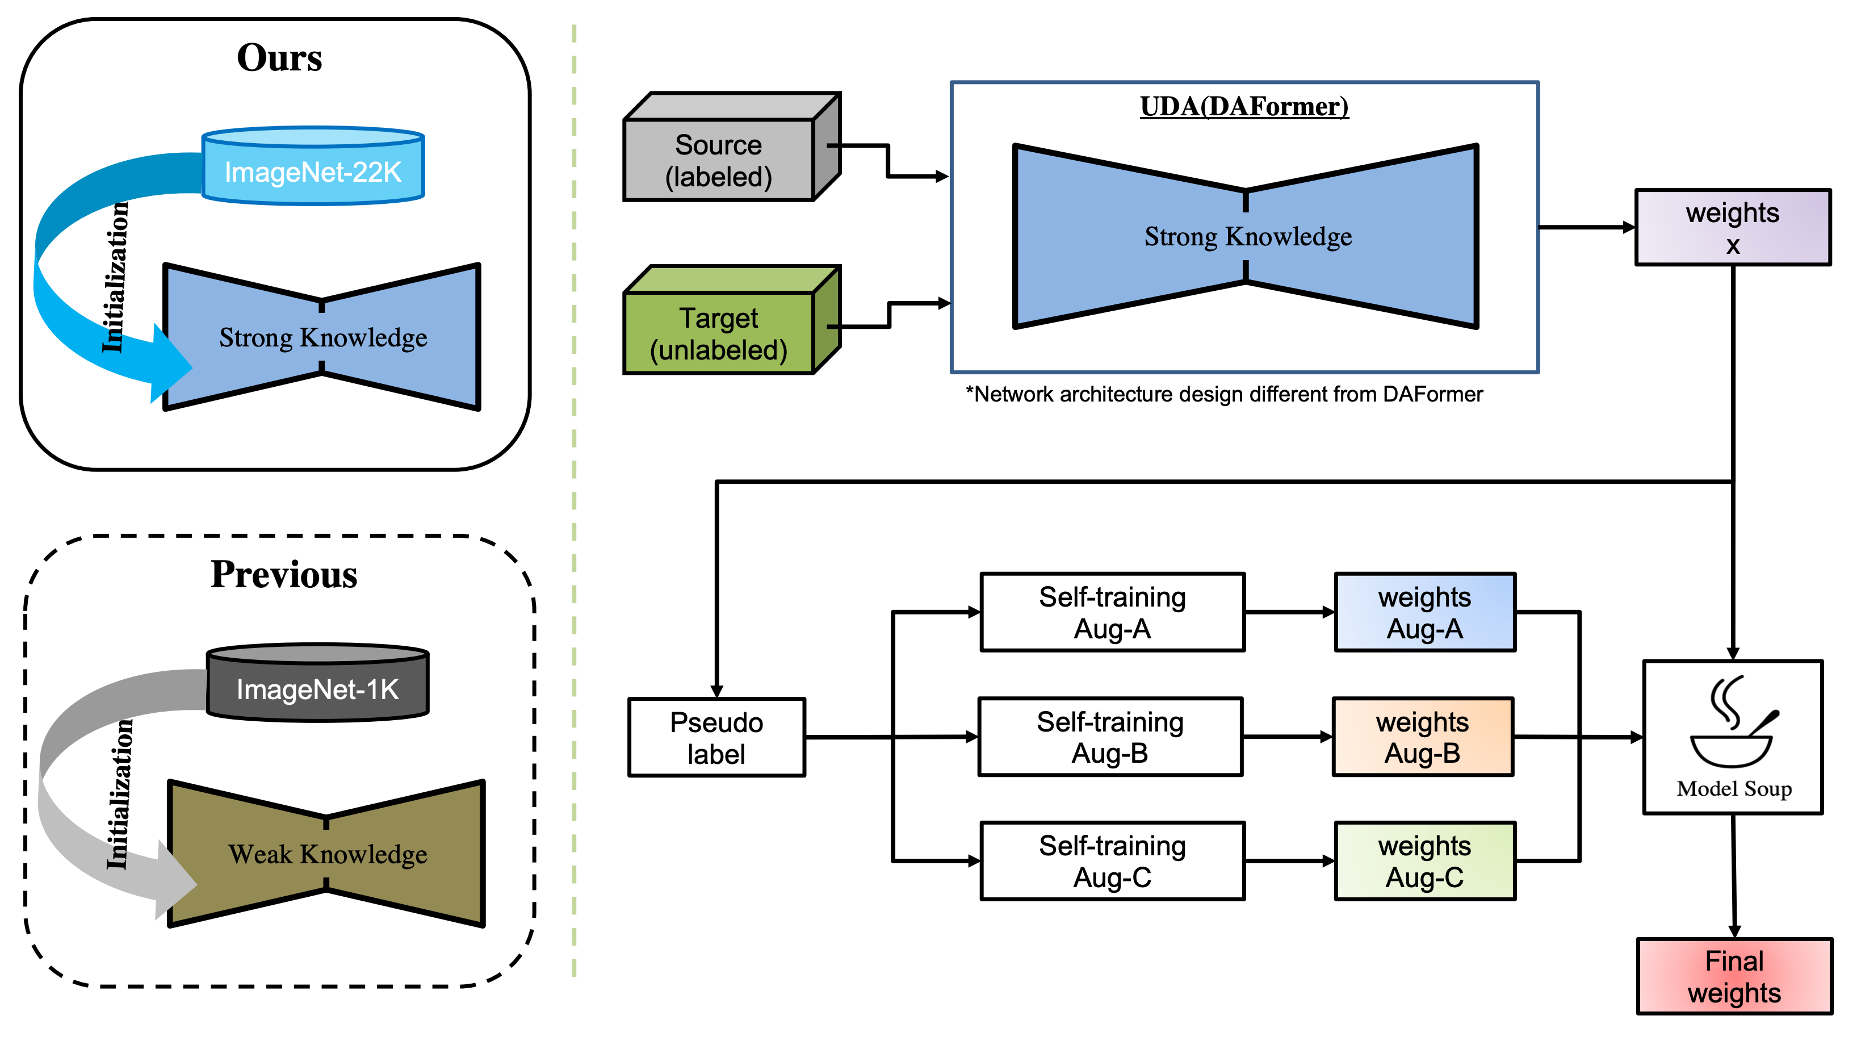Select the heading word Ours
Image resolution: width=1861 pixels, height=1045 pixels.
pos(279,58)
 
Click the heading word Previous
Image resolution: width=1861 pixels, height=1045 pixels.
pos(284,575)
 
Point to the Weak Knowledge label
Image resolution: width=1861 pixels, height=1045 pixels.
pos(328,854)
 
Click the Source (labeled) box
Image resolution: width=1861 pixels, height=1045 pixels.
pos(719,160)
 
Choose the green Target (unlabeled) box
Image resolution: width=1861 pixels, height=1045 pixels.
pos(719,334)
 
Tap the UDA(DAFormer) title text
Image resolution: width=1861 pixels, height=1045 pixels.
pos(1244,106)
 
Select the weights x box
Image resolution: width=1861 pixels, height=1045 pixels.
pos(1732,228)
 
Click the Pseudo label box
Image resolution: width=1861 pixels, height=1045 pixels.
pos(716,738)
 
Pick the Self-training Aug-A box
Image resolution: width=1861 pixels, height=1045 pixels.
pos(1113,613)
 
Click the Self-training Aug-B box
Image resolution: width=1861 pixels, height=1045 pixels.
pos(1110,737)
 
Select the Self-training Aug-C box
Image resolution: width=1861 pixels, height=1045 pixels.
pos(1113,862)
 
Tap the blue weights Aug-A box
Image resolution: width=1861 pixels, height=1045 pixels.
pos(1424,613)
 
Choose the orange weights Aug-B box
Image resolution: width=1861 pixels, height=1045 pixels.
pos(1423,737)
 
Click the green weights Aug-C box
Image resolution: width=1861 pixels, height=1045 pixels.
pos(1424,862)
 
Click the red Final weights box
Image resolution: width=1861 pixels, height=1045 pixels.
pos(1734,977)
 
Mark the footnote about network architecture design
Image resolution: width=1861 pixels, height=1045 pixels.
pos(1224,395)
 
